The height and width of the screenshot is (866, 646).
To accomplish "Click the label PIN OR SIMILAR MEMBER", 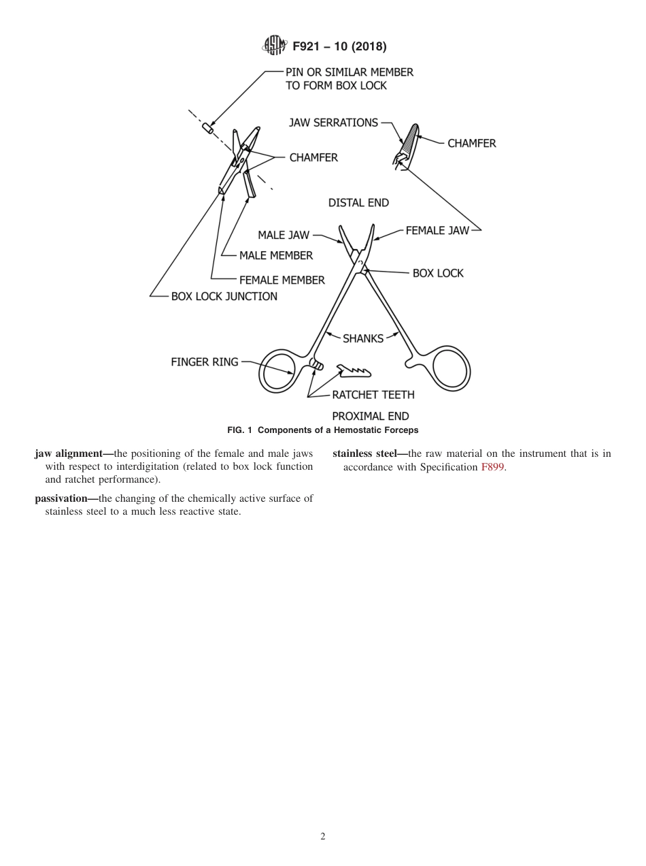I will (349, 71).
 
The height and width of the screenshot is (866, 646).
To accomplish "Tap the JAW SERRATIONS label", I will (333, 123).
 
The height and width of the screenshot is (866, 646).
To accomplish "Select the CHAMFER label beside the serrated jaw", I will (471, 144).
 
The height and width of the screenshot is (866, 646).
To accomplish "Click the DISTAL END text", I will (358, 203).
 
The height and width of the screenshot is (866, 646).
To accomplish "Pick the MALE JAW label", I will (283, 236).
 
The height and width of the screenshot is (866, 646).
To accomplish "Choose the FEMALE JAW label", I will (437, 231).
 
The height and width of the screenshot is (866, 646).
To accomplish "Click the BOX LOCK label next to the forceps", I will (438, 273).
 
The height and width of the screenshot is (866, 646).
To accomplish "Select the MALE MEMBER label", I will (276, 256).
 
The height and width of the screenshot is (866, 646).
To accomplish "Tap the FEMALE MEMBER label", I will (282, 280).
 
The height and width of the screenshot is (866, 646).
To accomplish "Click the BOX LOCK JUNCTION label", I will (224, 297).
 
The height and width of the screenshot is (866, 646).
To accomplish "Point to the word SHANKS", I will (362, 338).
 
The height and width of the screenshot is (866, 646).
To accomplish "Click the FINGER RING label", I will (204, 362).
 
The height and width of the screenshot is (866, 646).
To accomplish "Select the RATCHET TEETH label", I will (373, 395).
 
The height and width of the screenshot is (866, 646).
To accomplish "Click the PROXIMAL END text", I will (370, 416).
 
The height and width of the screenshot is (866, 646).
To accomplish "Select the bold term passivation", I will (65, 498).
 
